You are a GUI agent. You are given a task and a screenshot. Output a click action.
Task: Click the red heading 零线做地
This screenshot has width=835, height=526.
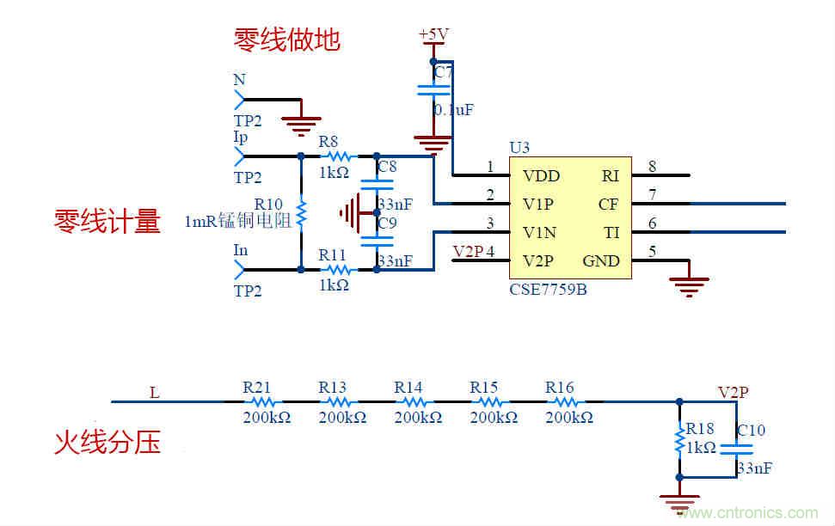point(287,40)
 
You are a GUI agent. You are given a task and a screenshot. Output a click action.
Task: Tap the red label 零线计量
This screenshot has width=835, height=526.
point(107,222)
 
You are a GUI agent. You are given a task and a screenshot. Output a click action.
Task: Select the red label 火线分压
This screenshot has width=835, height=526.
point(107,443)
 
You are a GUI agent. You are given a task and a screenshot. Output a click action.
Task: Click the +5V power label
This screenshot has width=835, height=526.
point(433,34)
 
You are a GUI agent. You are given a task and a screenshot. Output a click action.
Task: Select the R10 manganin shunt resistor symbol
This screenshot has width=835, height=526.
point(301,212)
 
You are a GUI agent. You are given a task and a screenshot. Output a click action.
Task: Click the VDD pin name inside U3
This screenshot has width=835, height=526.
point(541,176)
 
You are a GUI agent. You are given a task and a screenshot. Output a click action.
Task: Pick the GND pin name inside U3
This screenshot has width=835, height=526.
point(601,260)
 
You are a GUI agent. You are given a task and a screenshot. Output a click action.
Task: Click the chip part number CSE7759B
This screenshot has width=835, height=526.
point(548,289)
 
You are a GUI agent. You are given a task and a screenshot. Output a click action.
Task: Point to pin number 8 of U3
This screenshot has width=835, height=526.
point(653,167)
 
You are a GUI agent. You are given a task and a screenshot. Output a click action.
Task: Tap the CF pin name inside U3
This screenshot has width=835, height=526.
point(608,205)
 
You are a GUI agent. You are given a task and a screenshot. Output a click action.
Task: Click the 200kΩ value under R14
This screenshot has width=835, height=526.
point(418,417)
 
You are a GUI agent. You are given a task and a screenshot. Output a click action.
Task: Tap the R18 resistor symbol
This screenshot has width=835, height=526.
point(679,440)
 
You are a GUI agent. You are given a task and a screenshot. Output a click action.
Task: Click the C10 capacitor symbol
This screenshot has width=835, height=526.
point(736,448)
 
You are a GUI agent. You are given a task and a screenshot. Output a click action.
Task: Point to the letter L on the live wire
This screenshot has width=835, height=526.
point(155,394)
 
